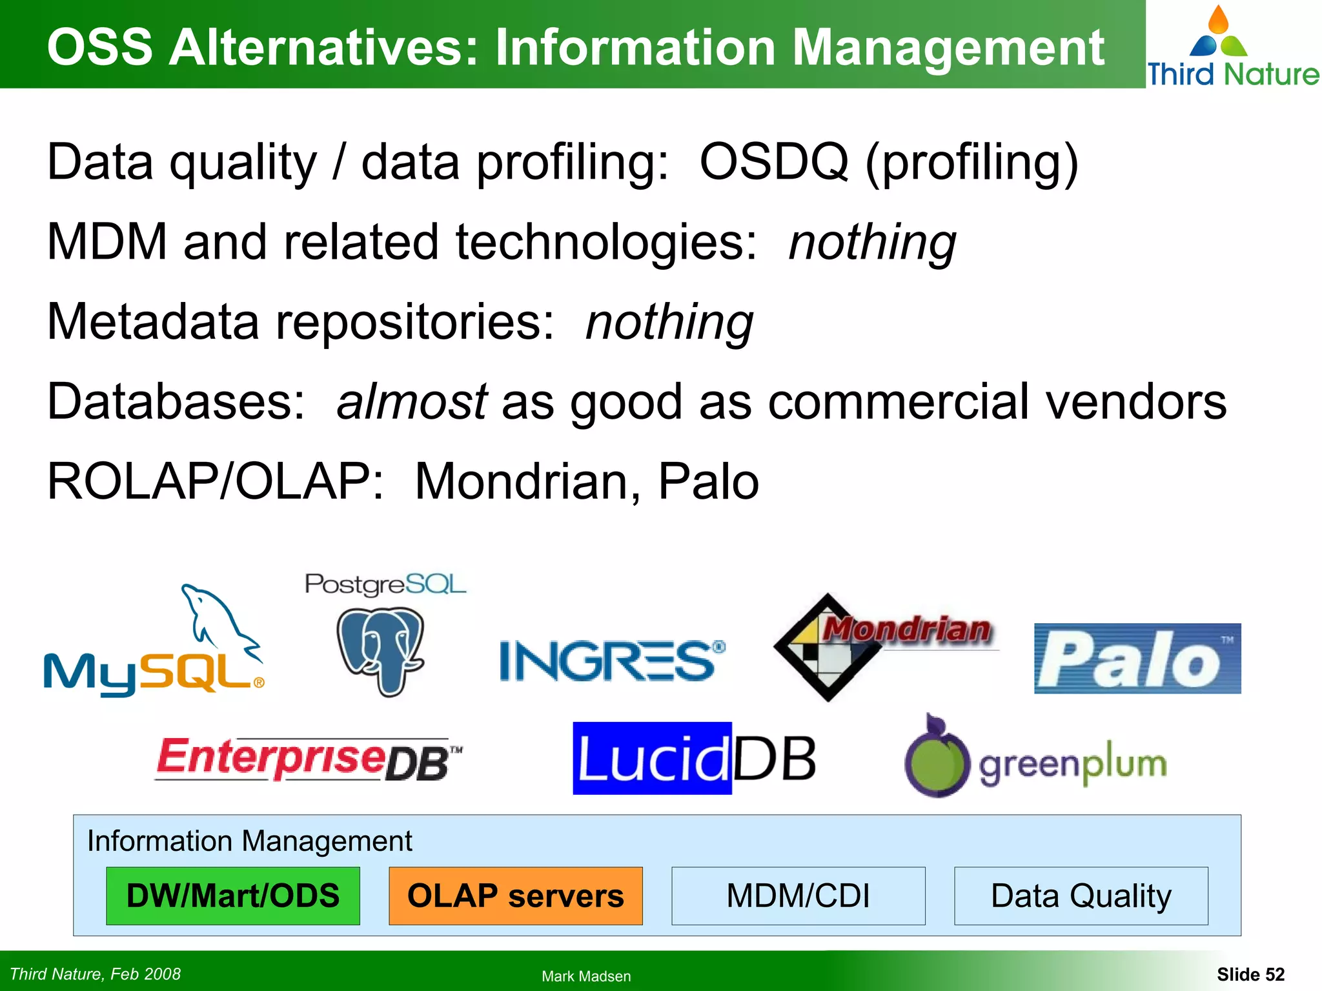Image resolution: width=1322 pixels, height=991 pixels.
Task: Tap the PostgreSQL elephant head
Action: tap(381, 648)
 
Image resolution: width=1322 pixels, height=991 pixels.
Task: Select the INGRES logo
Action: tap(612, 661)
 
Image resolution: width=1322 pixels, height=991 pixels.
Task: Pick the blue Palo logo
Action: tap(1137, 659)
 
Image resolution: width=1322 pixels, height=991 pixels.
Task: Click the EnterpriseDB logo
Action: tap(309, 759)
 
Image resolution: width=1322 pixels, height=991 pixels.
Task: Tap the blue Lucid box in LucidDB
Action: tap(652, 759)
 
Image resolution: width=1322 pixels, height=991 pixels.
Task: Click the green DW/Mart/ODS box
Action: tap(233, 896)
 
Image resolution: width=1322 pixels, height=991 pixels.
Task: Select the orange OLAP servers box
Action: tap(516, 896)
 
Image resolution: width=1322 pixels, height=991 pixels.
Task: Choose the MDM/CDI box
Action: tap(798, 896)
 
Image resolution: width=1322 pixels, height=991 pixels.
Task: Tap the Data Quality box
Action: tap(1081, 896)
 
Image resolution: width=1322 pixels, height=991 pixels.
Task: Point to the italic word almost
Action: tap(412, 401)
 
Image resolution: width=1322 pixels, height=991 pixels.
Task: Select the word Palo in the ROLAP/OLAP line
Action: tap(707, 481)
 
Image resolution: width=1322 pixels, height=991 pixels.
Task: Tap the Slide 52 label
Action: tap(1250, 974)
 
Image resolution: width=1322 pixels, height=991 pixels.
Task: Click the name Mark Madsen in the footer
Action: tap(586, 976)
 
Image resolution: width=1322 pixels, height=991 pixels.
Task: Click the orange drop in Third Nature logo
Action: tap(1218, 21)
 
